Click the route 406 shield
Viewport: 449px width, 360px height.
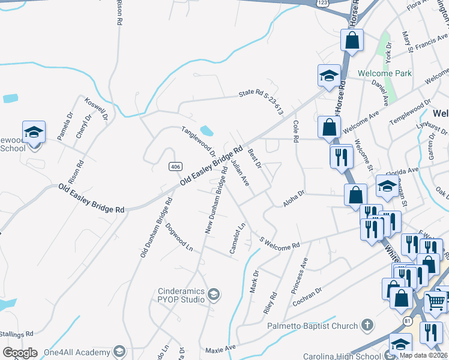click(x=175, y=166)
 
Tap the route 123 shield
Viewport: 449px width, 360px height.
click(x=322, y=3)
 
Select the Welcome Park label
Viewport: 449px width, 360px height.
click(x=384, y=73)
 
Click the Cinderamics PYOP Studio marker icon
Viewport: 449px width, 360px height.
click(x=214, y=293)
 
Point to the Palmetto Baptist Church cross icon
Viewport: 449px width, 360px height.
click(x=367, y=325)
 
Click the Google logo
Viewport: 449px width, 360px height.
click(x=20, y=353)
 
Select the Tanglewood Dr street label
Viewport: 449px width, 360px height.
click(x=199, y=141)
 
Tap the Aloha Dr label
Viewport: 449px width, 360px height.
click(x=294, y=199)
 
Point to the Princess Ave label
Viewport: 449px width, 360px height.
click(x=299, y=275)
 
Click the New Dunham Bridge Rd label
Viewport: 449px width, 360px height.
click(x=216, y=200)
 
